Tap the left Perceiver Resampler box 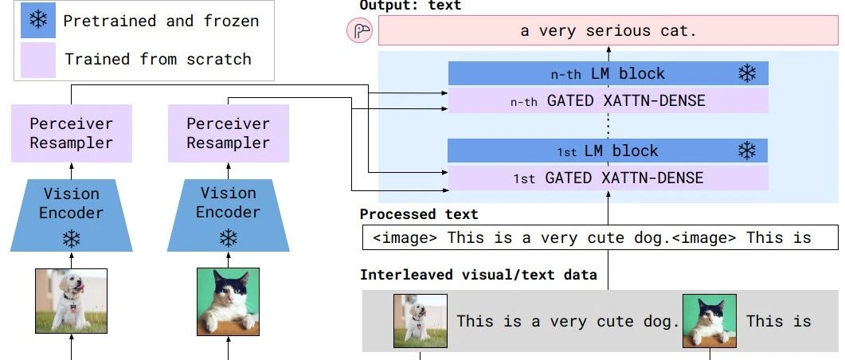point(72,134)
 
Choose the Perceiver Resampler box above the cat point(229,134)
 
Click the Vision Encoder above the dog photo point(72,209)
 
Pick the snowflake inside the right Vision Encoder point(229,237)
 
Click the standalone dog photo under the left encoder point(72,301)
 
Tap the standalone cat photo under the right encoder point(229,301)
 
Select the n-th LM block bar point(608,74)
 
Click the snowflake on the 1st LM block point(747,151)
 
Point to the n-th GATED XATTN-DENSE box point(608,100)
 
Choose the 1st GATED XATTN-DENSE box point(608,178)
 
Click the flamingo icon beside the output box point(360,32)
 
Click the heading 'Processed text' point(419,214)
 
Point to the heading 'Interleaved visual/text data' point(478,275)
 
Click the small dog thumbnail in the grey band point(421,321)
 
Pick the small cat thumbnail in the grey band point(709,321)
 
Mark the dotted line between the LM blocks point(608,125)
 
